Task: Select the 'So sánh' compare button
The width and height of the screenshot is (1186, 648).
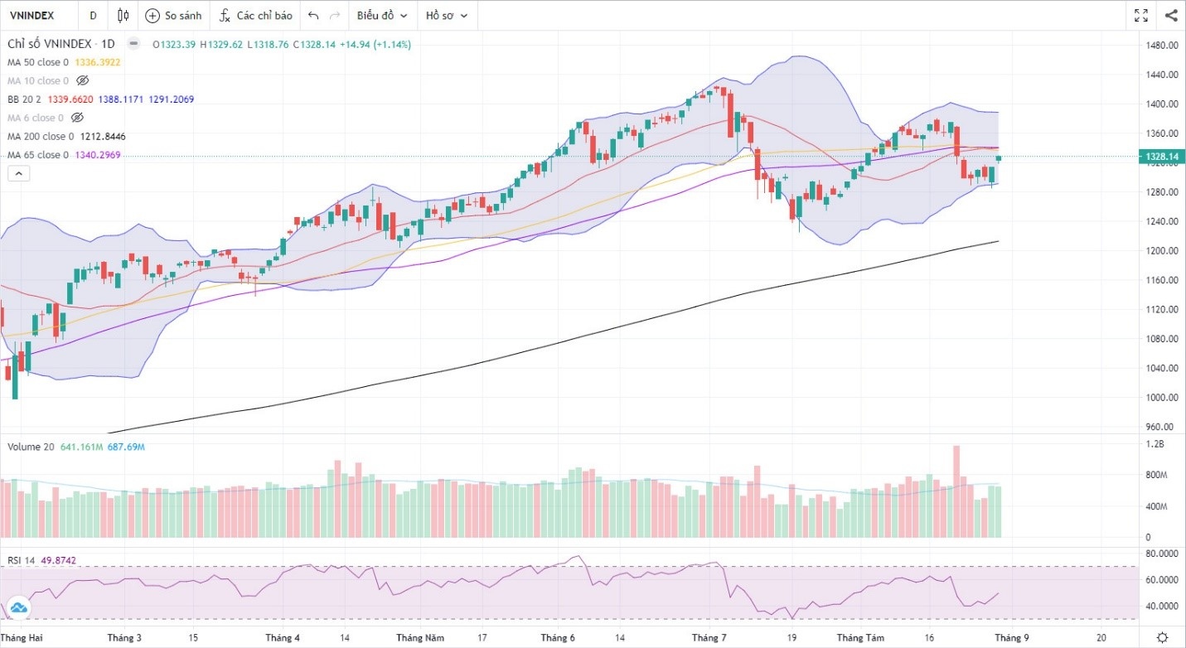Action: pos(173,15)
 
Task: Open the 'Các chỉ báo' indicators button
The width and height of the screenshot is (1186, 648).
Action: pos(256,15)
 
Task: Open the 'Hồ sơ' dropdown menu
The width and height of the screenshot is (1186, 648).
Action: pos(446,15)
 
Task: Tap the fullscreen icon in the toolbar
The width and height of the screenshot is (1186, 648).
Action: pos(1141,15)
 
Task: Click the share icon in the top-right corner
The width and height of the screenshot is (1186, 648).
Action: pos(1171,15)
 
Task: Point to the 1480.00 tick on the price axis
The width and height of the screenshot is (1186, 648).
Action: pos(1160,46)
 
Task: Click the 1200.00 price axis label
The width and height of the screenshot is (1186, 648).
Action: pos(1160,251)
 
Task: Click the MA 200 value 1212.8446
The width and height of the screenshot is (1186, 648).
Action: pos(103,137)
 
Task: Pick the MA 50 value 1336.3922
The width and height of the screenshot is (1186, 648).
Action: pos(98,62)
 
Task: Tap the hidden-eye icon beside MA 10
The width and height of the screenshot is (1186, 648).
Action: pos(82,80)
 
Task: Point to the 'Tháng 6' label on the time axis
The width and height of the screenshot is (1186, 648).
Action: pos(557,638)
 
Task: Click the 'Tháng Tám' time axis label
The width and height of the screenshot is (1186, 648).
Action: pos(858,638)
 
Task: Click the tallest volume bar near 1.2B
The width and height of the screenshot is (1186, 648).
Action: pos(956,491)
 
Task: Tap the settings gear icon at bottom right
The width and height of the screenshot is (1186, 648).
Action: pos(1163,637)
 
